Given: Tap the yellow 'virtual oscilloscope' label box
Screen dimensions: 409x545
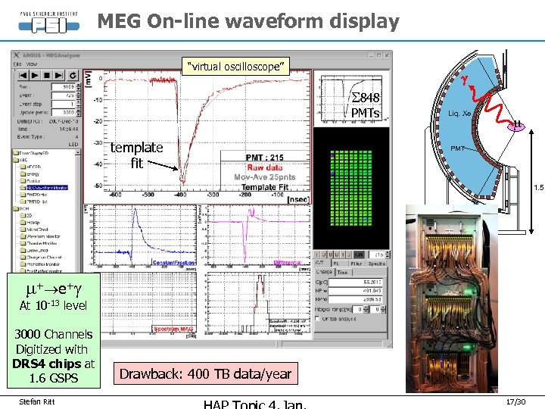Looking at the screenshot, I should [x=236, y=67].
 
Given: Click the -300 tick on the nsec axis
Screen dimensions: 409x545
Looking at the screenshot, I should [x=214, y=195].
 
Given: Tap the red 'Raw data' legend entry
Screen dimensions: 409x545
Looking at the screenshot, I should [x=265, y=167].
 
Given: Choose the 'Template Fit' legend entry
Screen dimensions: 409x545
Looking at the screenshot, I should [x=265, y=186].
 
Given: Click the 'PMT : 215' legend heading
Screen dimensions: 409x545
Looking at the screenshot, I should [x=265, y=158].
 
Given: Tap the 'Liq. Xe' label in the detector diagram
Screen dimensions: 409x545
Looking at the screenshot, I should [x=459, y=113].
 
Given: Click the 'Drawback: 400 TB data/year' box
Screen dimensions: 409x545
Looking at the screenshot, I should [x=205, y=373].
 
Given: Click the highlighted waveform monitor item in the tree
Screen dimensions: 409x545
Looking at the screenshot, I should [x=47, y=187].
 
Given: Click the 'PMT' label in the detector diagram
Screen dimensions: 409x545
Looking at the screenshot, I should [x=459, y=148].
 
